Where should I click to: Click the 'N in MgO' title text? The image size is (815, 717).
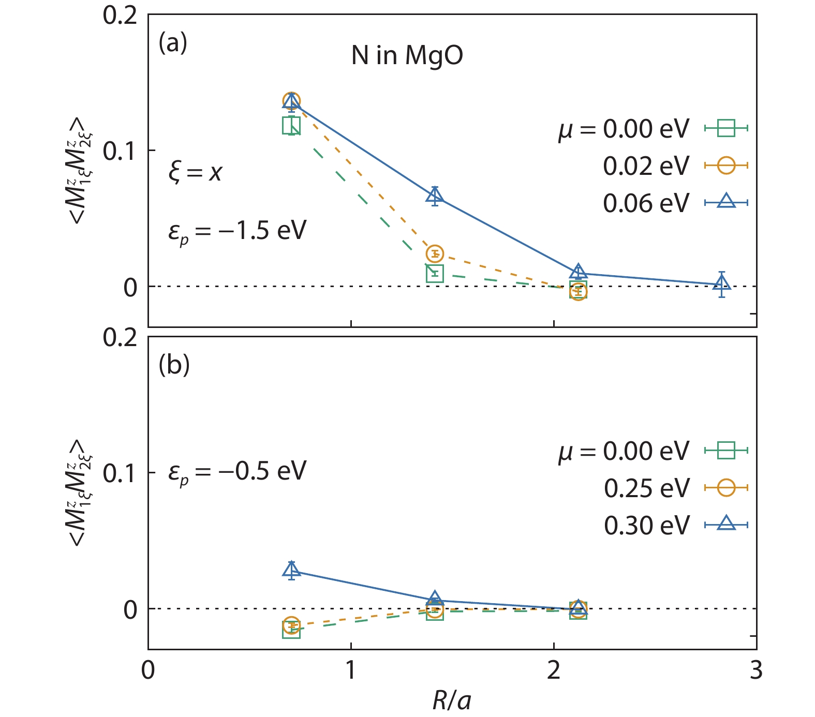pyautogui.click(x=407, y=55)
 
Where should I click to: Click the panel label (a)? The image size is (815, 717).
pyautogui.click(x=173, y=42)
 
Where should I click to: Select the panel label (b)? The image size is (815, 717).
pyautogui.click(x=174, y=365)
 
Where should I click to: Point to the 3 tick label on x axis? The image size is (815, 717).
pyautogui.click(x=756, y=670)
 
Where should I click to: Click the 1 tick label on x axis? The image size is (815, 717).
pyautogui.click(x=351, y=670)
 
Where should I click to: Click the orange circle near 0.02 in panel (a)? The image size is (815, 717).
pyautogui.click(x=435, y=253)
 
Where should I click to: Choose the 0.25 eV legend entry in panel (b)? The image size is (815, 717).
pyautogui.click(x=647, y=488)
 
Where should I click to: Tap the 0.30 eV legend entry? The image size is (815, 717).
pyautogui.click(x=647, y=526)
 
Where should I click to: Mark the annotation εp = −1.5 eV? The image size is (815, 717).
pyautogui.click(x=237, y=231)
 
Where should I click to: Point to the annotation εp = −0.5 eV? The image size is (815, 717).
pyautogui.click(x=237, y=471)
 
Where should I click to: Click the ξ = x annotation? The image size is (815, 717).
pyautogui.click(x=195, y=172)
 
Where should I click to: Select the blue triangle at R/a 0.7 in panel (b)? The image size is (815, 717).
pyautogui.click(x=292, y=570)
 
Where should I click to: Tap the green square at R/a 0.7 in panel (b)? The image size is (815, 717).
pyautogui.click(x=291, y=630)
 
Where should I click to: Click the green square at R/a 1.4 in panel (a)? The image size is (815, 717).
pyautogui.click(x=435, y=273)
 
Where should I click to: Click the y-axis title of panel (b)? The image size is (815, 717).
pyautogui.click(x=79, y=492)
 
